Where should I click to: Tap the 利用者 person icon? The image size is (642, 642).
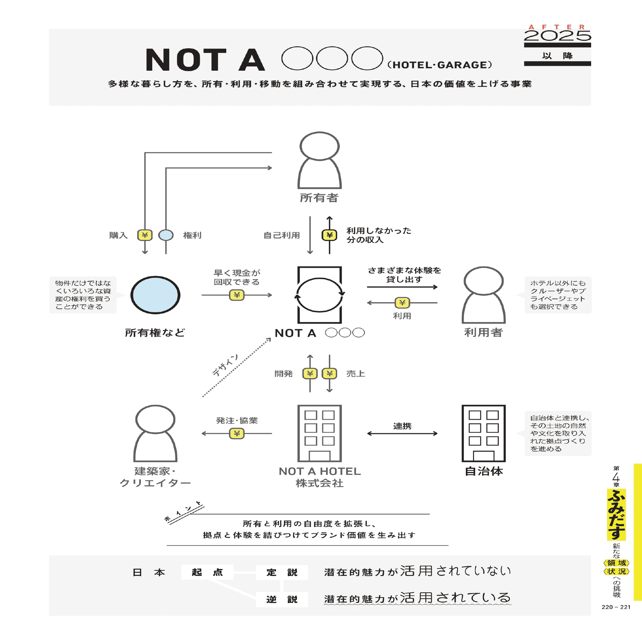(x=483, y=295)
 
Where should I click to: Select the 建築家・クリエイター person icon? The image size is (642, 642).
(x=155, y=434)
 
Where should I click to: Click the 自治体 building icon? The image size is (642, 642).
(x=483, y=433)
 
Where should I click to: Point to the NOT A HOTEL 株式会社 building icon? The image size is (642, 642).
(x=319, y=433)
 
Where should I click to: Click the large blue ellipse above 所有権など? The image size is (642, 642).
(x=155, y=295)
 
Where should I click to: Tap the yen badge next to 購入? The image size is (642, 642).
(x=145, y=235)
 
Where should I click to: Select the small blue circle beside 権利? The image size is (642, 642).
(x=166, y=235)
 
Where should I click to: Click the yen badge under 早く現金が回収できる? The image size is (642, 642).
(x=237, y=295)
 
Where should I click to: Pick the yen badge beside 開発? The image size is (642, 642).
(x=310, y=374)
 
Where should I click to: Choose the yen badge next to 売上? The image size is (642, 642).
(x=330, y=374)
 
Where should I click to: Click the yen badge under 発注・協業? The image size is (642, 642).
(x=237, y=433)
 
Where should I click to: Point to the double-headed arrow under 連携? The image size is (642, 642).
(x=402, y=434)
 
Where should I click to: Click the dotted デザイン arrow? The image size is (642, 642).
(x=237, y=368)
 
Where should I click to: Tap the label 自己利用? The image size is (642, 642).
(x=282, y=235)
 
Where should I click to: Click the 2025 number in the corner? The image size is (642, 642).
(x=557, y=36)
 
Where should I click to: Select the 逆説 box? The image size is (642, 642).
(x=282, y=599)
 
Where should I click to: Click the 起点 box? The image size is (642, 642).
(x=207, y=572)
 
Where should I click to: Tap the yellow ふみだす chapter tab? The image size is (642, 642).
(x=616, y=514)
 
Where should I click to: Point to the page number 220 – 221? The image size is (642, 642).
(x=616, y=607)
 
